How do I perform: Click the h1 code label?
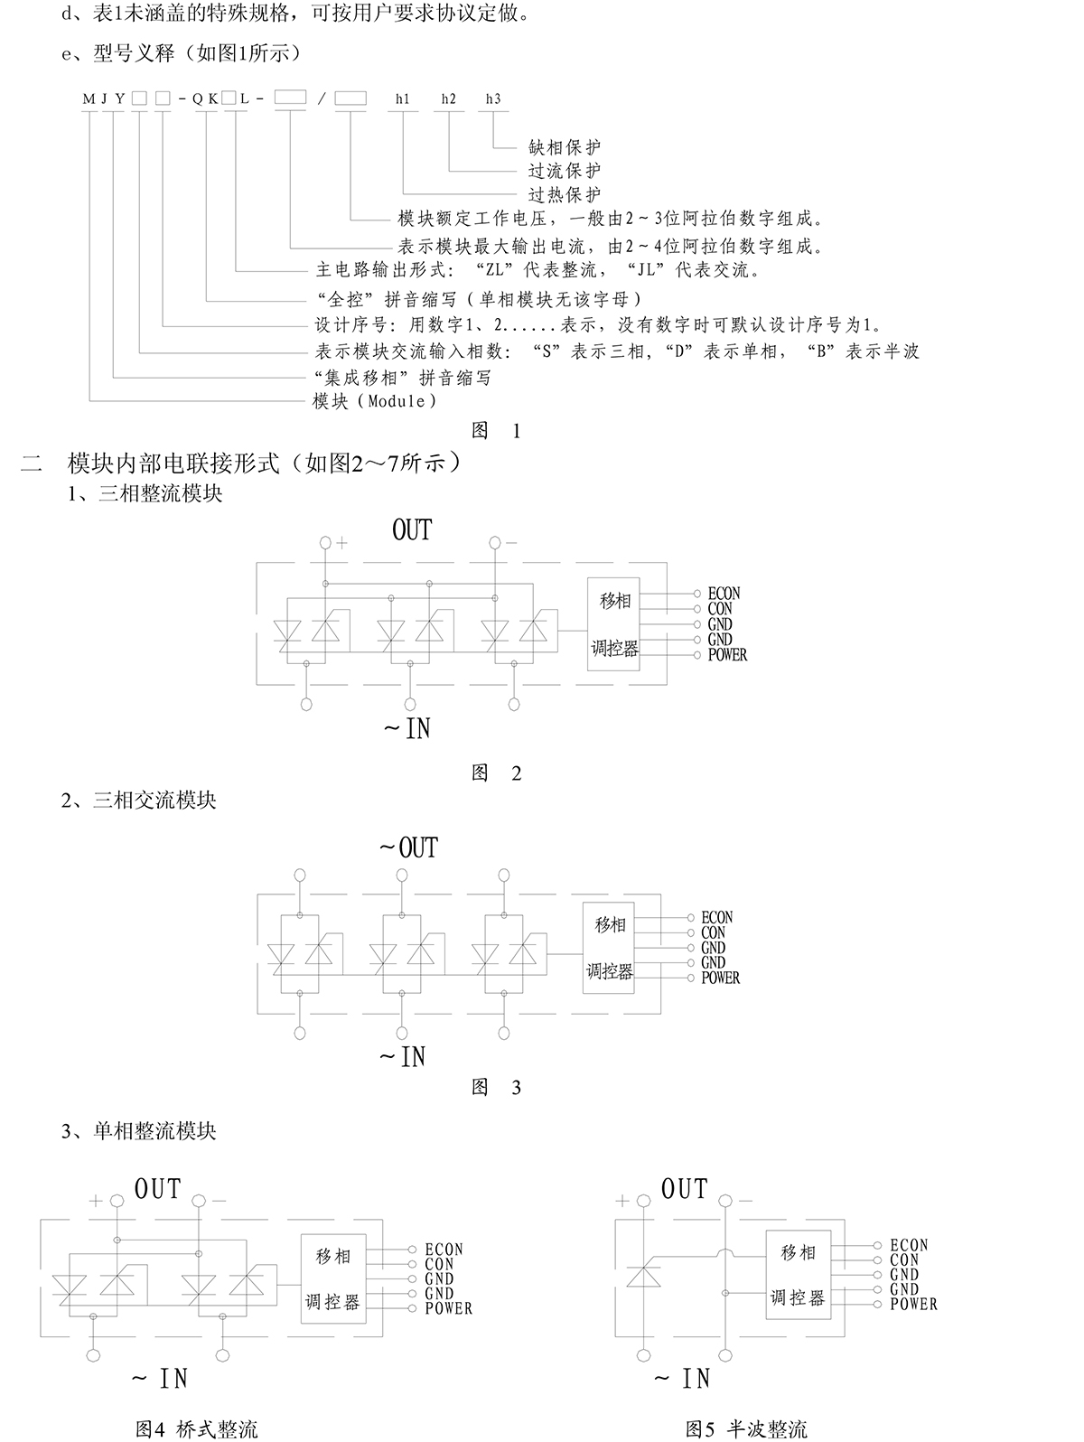[402, 99]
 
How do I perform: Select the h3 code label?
[492, 99]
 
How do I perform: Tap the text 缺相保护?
[565, 147]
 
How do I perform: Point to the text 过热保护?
[565, 194]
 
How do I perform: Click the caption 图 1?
[497, 431]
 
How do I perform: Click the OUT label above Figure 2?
[412, 530]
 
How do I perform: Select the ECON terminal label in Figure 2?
[724, 594]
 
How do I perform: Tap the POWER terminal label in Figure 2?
[727, 655]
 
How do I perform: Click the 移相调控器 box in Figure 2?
[614, 624]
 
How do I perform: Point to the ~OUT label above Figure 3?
[408, 848]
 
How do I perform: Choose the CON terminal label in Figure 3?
[714, 932]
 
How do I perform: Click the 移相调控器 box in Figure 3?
[609, 948]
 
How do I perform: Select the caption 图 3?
[497, 1087]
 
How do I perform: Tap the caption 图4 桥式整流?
[196, 1428]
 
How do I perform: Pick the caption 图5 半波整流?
[746, 1428]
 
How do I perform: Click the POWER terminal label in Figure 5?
[913, 1305]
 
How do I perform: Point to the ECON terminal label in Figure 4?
[444, 1250]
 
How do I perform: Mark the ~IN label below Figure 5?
[683, 1379]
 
